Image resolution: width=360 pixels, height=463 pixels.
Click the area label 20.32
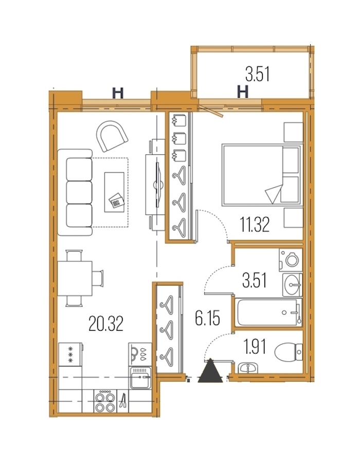click(x=105, y=324)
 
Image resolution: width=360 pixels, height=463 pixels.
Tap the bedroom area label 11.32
click(x=255, y=224)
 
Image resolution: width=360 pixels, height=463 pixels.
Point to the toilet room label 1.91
click(x=255, y=346)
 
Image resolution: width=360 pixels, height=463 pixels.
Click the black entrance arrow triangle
click(x=210, y=370)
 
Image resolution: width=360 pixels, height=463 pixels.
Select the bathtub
click(x=268, y=312)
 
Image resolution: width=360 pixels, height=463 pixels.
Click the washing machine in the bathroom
click(x=291, y=260)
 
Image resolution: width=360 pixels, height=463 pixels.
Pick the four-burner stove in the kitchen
click(x=105, y=401)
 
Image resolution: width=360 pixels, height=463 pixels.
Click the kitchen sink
click(x=140, y=378)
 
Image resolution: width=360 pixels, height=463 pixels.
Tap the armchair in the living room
click(x=112, y=136)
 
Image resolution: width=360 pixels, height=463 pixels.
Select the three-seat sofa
click(x=75, y=192)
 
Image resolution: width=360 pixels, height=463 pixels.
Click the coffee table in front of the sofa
click(x=114, y=192)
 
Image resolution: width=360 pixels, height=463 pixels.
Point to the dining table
click(x=75, y=278)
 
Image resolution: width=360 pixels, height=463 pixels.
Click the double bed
click(x=262, y=175)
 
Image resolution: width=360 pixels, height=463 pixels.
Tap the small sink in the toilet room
click(x=248, y=368)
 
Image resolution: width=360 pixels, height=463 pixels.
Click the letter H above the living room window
click(x=117, y=93)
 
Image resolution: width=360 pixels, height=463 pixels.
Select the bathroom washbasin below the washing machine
click(x=292, y=284)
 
